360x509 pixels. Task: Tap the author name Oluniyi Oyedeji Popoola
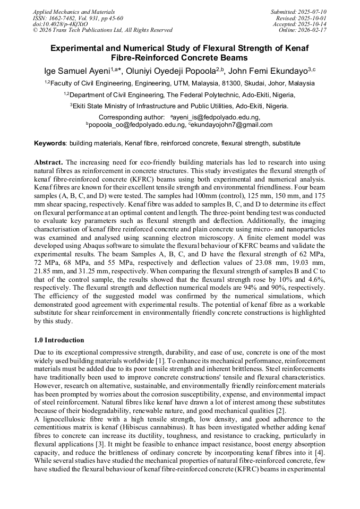173,71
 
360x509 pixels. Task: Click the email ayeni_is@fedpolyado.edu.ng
216,117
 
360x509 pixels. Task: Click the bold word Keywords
50,143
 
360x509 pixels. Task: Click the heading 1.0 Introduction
59,340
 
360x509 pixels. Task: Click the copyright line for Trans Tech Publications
102,30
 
